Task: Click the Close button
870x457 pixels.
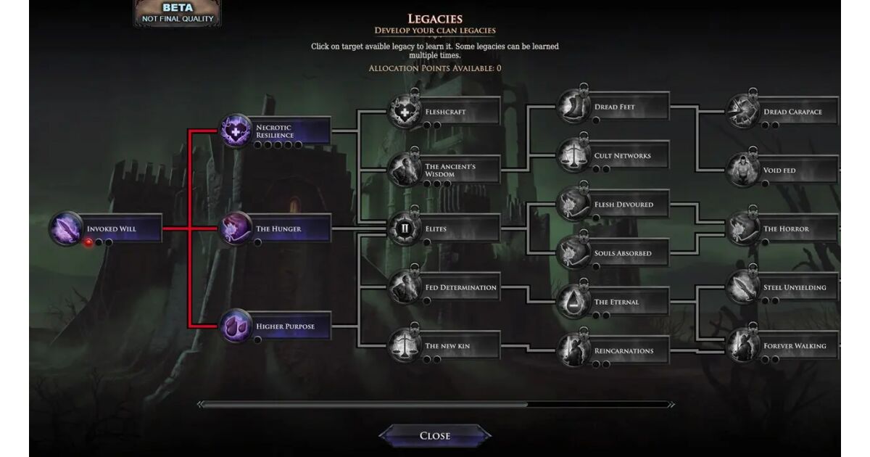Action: [x=434, y=436]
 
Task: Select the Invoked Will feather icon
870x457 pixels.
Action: [x=66, y=228]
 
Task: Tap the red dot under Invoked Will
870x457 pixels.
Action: [x=88, y=242]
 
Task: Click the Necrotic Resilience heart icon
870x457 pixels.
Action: [x=236, y=131]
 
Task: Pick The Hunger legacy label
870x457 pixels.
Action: [x=278, y=229]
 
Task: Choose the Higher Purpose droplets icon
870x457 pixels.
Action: [x=236, y=326]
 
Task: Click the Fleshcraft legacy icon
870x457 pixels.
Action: [x=405, y=112]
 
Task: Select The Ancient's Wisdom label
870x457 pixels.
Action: [x=450, y=170]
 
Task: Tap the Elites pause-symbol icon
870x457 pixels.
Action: [x=405, y=228]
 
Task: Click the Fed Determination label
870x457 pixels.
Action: [x=460, y=287]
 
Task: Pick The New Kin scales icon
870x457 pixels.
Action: [x=405, y=345]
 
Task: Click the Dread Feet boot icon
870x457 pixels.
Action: [x=573, y=107]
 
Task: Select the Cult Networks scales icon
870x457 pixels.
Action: [x=573, y=155]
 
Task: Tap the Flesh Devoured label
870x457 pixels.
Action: [x=623, y=205]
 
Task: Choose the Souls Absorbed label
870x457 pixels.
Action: [x=623, y=253]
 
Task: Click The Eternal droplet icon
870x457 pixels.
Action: [x=573, y=302]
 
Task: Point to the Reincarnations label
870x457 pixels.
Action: [x=623, y=351]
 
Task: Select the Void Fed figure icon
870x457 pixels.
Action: [x=742, y=170]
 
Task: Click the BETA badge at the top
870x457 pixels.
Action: [x=178, y=13]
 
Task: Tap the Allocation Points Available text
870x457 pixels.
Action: [x=434, y=68]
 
